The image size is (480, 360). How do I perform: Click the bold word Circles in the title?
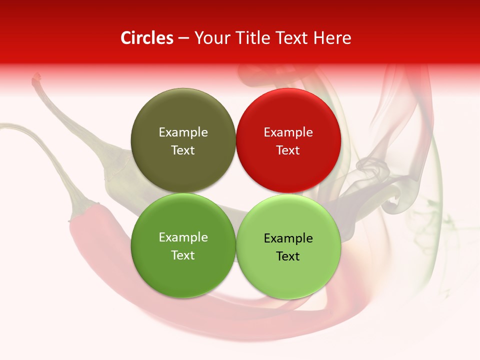(147, 38)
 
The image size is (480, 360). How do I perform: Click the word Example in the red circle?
(288, 132)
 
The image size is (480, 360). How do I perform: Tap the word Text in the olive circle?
(183, 150)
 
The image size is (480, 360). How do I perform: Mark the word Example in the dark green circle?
(183, 237)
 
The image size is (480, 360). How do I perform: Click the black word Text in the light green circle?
(288, 256)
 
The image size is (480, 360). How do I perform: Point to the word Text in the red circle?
(288, 150)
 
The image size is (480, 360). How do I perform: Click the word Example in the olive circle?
(183, 132)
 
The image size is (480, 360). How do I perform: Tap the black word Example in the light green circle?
(288, 238)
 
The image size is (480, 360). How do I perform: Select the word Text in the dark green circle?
(183, 255)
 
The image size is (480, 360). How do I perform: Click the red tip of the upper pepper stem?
(36, 78)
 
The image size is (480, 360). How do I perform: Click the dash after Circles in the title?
(183, 38)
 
